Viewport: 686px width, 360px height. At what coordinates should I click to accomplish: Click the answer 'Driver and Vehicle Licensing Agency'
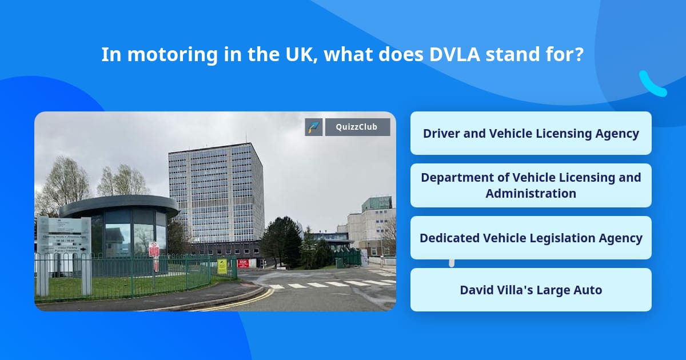pos(531,133)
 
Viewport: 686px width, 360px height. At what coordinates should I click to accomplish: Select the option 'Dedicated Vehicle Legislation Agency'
pos(531,238)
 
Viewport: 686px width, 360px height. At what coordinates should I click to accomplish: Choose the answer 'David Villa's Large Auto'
pos(531,290)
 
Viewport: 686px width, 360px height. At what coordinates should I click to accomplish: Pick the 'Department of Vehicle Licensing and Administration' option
pos(531,185)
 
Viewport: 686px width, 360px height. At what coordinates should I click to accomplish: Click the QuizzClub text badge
pos(357,127)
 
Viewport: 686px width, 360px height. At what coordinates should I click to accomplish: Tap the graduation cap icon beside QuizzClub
pos(314,127)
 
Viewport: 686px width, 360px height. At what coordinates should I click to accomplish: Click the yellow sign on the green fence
pos(222,266)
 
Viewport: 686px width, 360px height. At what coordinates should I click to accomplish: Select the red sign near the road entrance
pos(244,263)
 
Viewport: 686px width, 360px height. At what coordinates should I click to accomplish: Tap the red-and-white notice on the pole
pos(154,250)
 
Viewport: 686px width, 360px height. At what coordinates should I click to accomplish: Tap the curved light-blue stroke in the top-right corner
pos(652,85)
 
